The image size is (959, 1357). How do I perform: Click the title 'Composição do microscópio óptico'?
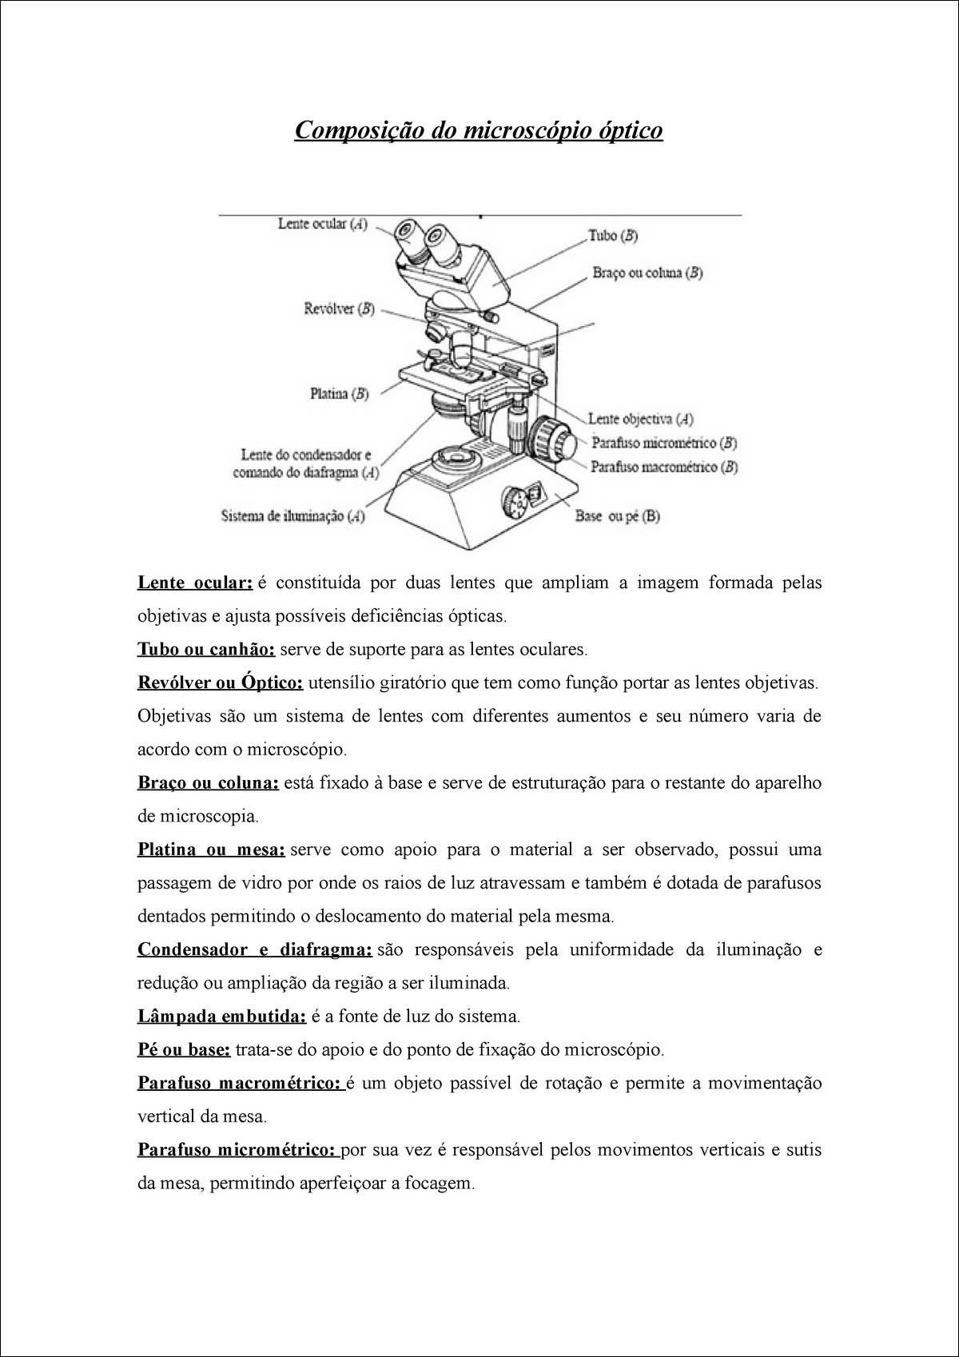[x=479, y=130]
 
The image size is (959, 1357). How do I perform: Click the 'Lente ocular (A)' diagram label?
[x=323, y=225]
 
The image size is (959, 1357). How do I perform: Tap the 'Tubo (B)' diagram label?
[x=613, y=236]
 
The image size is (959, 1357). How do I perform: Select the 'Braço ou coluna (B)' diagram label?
[x=647, y=273]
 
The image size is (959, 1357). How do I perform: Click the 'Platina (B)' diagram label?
[x=339, y=393]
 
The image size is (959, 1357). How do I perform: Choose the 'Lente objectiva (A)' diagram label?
[x=640, y=418]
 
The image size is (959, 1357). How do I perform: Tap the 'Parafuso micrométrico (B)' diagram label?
[x=663, y=442]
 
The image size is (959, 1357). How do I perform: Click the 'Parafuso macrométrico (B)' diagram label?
[x=663, y=467]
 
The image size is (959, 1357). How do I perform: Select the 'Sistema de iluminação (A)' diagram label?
[x=292, y=516]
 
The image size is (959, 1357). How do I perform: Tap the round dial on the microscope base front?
[x=515, y=503]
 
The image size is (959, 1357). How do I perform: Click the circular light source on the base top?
[x=452, y=458]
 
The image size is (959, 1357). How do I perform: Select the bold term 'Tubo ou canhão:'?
[x=206, y=650]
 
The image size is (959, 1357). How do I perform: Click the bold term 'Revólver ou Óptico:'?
[x=221, y=683]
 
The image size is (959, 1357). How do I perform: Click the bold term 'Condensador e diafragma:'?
[x=255, y=949]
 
